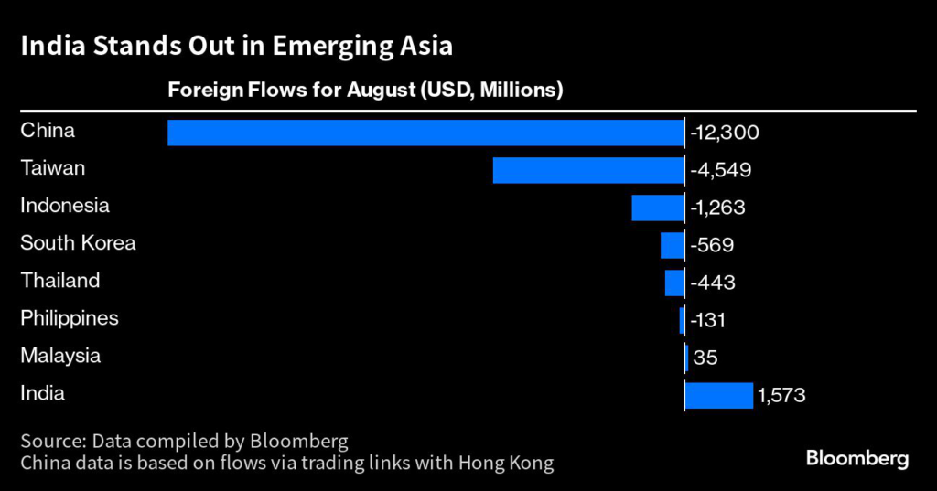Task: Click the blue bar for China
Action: click(x=425, y=133)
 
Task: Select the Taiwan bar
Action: click(x=588, y=170)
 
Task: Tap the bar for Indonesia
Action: click(x=657, y=208)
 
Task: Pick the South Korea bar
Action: click(x=672, y=245)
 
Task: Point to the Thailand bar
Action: click(x=674, y=283)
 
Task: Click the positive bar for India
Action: click(x=719, y=395)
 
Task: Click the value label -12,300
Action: click(x=725, y=133)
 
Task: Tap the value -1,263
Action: click(x=717, y=208)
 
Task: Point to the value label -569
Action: click(x=713, y=245)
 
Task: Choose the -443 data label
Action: click(x=713, y=283)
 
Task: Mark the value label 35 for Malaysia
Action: click(x=705, y=358)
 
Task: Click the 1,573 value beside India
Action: click(x=781, y=395)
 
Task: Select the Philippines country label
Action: click(x=70, y=319)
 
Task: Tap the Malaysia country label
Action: click(x=60, y=357)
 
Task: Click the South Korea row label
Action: click(x=78, y=243)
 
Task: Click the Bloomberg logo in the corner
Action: click(x=857, y=458)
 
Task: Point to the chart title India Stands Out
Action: click(x=236, y=46)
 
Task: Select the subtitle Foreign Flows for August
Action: click(x=363, y=91)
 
